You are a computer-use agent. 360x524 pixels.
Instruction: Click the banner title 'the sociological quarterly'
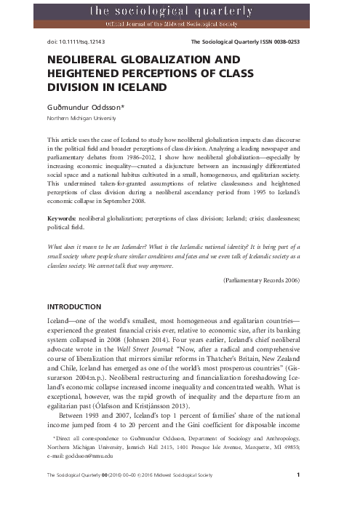[x=180, y=10]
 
